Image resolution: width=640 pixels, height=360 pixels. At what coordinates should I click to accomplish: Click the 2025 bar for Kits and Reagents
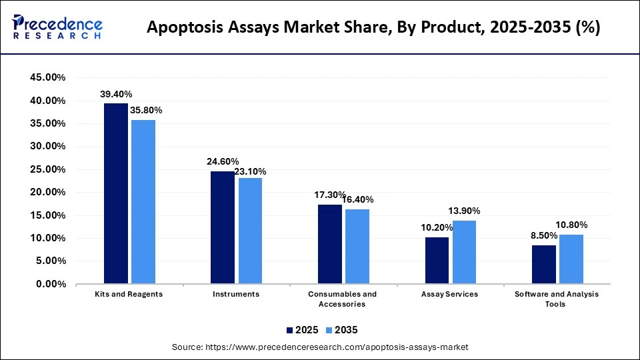115,193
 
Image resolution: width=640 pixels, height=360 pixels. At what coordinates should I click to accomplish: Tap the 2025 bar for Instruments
223,227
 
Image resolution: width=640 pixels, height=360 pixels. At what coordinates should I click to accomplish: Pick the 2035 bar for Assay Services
464,252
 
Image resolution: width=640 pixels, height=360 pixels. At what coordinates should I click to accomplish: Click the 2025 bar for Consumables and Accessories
330,244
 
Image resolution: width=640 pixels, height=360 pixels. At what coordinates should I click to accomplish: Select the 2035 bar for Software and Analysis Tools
571,259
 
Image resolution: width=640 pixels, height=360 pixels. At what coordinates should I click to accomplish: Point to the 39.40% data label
116,95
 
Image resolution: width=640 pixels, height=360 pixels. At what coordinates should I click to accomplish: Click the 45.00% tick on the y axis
48,77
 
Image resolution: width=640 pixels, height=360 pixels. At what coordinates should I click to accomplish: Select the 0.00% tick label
50,284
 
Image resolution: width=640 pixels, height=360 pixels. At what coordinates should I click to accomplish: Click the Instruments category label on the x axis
236,294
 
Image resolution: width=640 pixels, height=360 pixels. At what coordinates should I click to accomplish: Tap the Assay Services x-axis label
450,294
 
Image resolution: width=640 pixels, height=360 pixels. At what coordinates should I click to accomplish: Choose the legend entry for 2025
302,330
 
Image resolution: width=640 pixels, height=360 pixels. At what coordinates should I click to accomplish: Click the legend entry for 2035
342,330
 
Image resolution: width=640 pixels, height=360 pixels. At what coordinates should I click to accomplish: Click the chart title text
373,28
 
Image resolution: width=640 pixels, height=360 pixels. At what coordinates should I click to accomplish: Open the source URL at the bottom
320,347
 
